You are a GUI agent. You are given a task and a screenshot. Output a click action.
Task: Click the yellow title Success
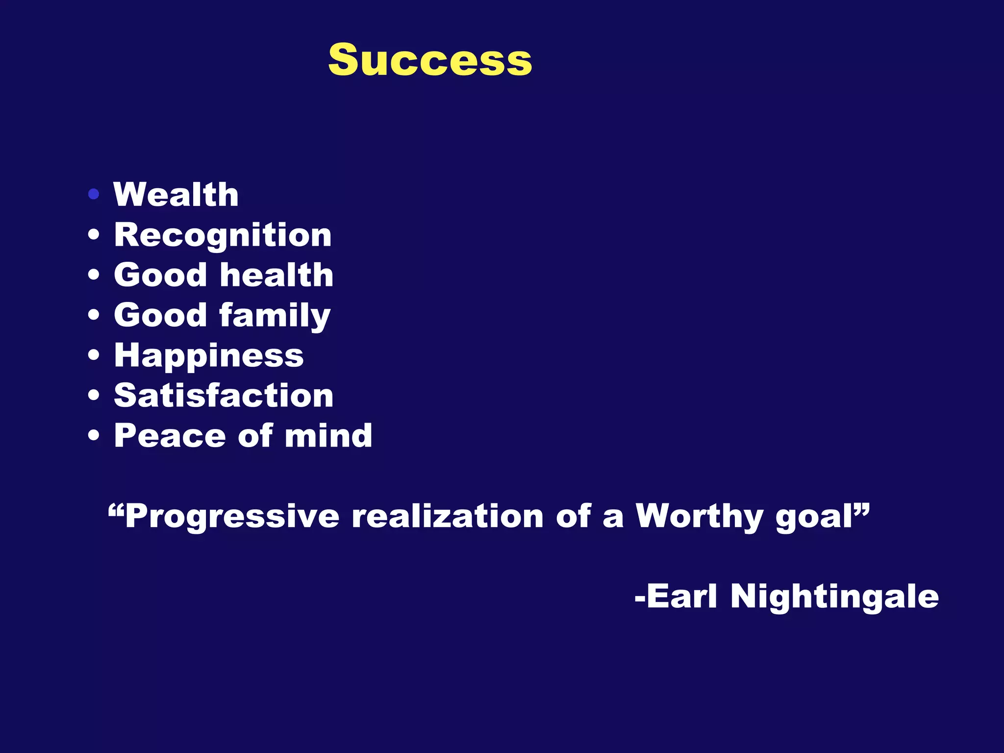430,60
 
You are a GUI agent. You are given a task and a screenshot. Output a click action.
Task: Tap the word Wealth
176,195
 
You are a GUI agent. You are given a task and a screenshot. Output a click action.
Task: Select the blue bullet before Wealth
94,195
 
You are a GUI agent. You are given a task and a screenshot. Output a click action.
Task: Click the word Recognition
223,235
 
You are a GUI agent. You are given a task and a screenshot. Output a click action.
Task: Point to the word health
277,275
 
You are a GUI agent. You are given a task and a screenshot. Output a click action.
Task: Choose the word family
275,315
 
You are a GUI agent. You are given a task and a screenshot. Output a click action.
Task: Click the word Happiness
209,356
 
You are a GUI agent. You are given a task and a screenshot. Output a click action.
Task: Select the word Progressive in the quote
231,516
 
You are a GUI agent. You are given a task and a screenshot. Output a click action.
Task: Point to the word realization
448,516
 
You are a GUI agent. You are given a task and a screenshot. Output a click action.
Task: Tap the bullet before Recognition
94,235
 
